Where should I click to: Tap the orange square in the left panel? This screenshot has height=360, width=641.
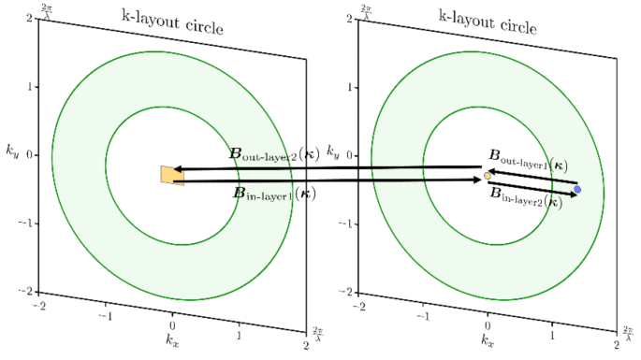point(172,175)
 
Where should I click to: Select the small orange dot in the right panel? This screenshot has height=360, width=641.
point(488,176)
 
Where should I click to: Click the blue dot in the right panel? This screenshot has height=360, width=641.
point(577,190)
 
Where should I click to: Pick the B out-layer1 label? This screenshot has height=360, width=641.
point(528,159)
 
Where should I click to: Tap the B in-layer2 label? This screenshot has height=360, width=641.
point(526,198)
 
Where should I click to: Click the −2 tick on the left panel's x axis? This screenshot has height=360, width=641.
point(40,307)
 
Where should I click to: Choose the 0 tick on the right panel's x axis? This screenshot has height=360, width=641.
point(488,323)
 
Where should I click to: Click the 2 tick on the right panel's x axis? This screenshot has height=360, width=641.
point(621,344)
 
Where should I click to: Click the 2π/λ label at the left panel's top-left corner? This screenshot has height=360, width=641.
point(49,10)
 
